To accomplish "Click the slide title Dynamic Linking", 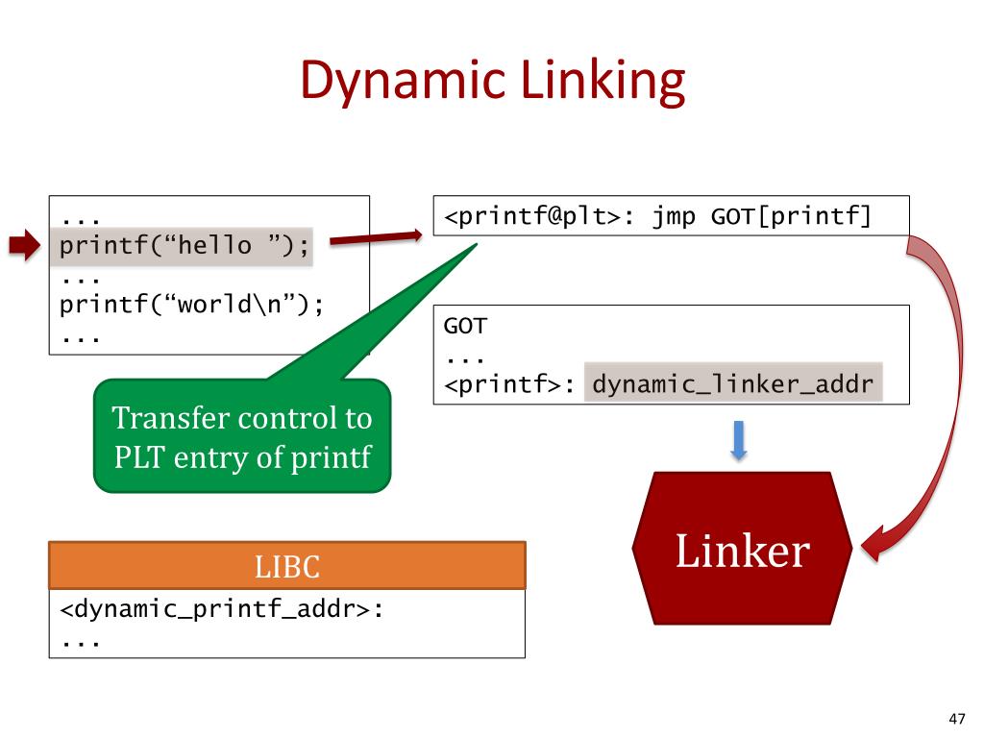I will (492, 82).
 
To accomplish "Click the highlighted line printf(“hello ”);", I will (185, 246).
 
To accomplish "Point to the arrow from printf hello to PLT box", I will (374, 237).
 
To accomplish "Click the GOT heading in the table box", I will (465, 326).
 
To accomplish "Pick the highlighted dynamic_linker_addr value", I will (733, 385).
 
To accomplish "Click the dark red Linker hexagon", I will (742, 549).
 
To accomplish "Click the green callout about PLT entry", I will (242, 437).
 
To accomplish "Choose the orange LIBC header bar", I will (287, 565).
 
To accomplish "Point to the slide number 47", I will (955, 718).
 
